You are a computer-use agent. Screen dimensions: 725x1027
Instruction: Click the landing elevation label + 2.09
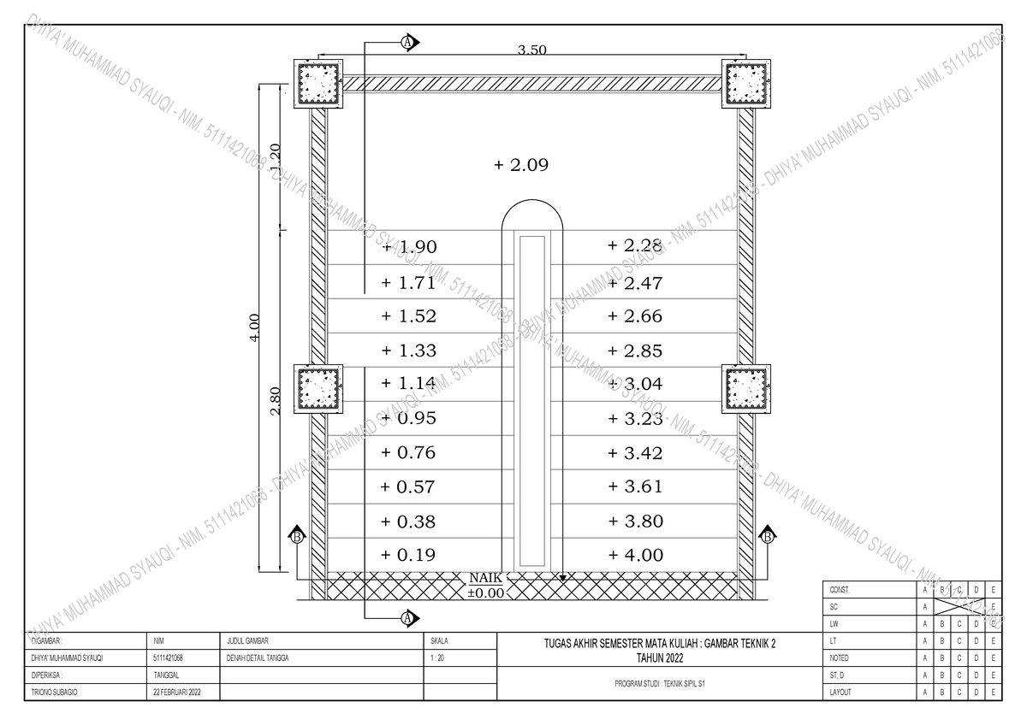click(520, 164)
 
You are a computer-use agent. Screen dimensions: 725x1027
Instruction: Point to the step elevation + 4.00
click(635, 555)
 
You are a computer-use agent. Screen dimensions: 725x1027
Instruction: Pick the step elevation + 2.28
click(635, 246)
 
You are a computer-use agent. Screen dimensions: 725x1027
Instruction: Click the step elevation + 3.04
click(635, 384)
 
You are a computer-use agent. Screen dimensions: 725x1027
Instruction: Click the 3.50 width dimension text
click(531, 50)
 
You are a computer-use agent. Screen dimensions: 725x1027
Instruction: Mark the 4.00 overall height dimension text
click(253, 326)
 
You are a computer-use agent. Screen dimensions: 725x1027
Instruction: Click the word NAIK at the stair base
click(485, 578)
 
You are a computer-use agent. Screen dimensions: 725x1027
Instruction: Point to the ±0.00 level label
click(485, 592)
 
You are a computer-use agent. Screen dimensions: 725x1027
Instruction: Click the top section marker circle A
click(407, 41)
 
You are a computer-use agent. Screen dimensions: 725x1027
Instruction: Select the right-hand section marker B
click(768, 537)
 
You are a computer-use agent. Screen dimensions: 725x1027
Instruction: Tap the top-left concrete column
click(319, 84)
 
